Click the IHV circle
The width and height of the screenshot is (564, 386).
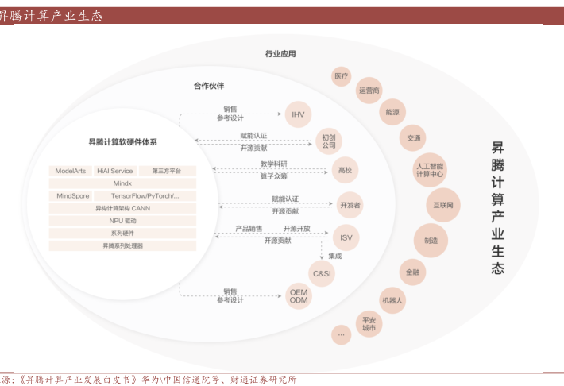point(298,114)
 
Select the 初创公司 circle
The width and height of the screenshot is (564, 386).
point(329,141)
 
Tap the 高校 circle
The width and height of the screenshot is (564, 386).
point(345,170)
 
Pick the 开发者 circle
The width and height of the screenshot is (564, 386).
point(350,205)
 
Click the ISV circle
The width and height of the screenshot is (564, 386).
point(346,237)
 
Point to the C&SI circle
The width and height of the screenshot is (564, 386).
point(322,274)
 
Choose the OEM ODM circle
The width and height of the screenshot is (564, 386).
point(299,296)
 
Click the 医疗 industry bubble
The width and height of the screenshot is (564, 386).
point(342,77)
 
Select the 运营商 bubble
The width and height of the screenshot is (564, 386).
point(369,91)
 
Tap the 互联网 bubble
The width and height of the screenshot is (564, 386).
point(442,205)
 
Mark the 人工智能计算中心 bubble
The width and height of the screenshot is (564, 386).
point(430,169)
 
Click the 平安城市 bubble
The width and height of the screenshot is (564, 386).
point(369,322)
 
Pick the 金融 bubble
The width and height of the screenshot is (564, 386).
point(412,272)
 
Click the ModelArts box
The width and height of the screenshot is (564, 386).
point(70,171)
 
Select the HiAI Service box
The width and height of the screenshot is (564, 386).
point(115,171)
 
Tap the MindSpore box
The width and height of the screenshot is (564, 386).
point(73,195)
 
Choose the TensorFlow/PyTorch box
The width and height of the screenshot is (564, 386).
point(145,195)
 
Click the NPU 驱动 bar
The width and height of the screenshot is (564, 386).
point(122,221)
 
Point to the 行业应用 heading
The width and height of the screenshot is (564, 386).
point(280,54)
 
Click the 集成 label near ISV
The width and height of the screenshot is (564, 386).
point(334,256)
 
